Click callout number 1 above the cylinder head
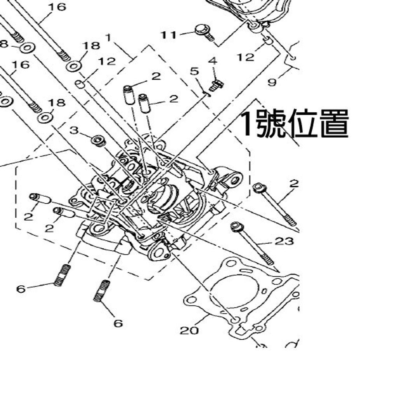[x=108, y=37]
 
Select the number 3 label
[x=74, y=130]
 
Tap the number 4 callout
[x=212, y=61]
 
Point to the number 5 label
[x=194, y=71]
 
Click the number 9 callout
[x=272, y=82]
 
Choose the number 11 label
[x=169, y=35]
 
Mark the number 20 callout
[x=189, y=330]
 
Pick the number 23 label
[x=284, y=241]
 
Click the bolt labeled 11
[x=204, y=31]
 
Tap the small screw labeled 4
[x=216, y=84]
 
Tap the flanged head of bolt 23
[x=236, y=227]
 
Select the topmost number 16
[x=57, y=7]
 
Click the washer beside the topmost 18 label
[x=73, y=66]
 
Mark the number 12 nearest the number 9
[x=246, y=57]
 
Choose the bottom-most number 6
[x=118, y=323]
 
